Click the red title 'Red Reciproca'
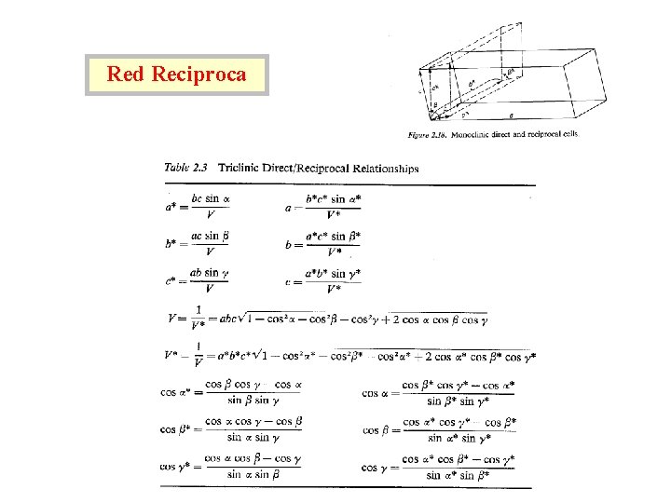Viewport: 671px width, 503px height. coord(176,75)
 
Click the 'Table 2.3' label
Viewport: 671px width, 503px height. coord(186,169)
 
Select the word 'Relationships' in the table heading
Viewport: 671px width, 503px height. coord(381,169)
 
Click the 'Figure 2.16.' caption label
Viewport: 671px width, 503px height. coord(429,134)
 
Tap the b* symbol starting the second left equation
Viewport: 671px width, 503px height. coord(171,243)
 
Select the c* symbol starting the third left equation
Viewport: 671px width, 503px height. coord(171,279)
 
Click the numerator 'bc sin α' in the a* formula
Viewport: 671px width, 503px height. coord(211,198)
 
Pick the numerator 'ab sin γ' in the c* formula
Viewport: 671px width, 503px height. coord(210,272)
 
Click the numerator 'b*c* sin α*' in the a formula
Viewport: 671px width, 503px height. coord(332,198)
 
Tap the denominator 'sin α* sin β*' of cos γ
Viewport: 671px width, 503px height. coord(459,474)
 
